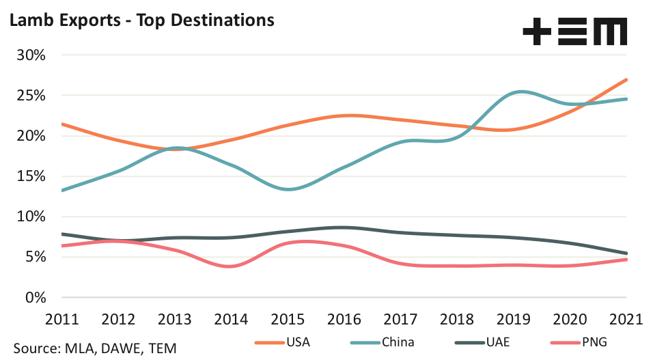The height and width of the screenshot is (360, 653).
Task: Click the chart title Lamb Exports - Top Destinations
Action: click(141, 20)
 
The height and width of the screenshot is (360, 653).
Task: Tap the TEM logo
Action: click(574, 32)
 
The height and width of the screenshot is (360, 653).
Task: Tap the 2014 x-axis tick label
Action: click(232, 320)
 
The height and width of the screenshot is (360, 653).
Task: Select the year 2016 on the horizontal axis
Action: click(345, 320)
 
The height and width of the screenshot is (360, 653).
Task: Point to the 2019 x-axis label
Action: click(514, 320)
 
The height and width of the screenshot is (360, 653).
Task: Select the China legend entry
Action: click(387, 342)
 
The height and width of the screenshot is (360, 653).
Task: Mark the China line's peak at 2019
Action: click(520, 92)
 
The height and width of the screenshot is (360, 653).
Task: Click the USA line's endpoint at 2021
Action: click(627, 79)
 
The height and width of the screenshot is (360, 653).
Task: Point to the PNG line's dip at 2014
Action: click(231, 266)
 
